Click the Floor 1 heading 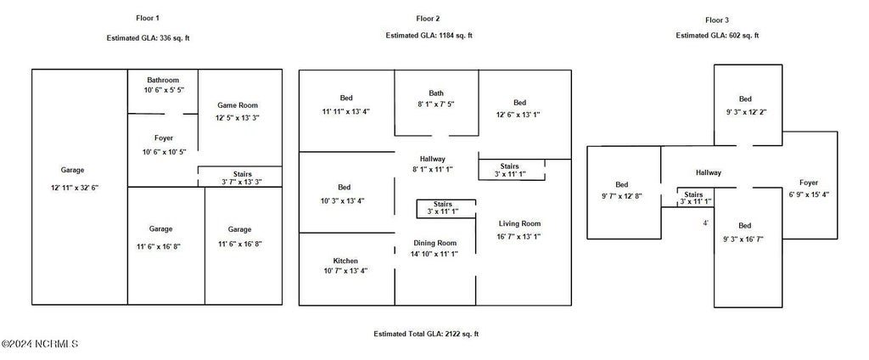click(148, 19)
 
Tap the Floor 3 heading click(717, 20)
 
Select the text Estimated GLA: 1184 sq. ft click(429, 36)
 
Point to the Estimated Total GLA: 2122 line click(426, 334)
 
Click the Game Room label click(238, 104)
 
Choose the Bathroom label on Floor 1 click(164, 80)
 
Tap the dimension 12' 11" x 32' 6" click(75, 188)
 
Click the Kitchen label click(345, 261)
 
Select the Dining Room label click(435, 243)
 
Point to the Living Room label click(519, 223)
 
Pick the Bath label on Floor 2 click(436, 93)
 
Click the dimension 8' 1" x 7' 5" click(435, 104)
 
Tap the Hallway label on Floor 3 click(709, 172)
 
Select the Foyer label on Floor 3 click(809, 183)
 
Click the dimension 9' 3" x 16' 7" click(743, 239)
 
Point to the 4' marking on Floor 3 click(705, 223)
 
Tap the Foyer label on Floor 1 click(164, 138)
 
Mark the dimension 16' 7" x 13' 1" click(519, 236)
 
